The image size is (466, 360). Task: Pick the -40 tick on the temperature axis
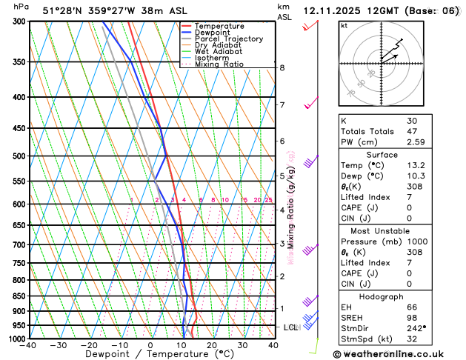point(29,345)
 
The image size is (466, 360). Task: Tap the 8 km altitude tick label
point(282,68)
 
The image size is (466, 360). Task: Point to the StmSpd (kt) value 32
point(411,339)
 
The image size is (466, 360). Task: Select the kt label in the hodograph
point(344,25)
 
